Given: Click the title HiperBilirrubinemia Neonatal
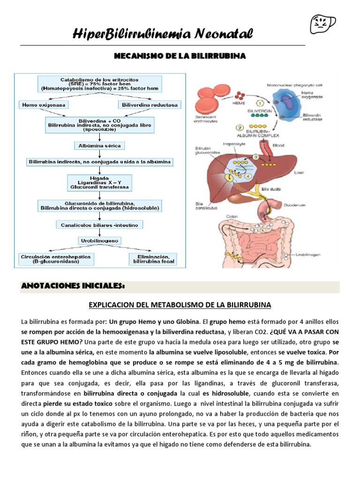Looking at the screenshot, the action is point(163,34).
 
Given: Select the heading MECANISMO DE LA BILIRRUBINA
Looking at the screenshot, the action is point(180,56).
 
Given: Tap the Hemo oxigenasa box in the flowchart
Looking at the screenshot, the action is point(43,105).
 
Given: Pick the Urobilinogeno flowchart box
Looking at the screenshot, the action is point(99,240).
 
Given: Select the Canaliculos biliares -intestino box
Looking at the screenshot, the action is point(99,225).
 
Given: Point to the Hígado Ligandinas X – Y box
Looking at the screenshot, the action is point(99,182).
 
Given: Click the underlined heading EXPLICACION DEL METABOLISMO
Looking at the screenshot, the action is point(180,305).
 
